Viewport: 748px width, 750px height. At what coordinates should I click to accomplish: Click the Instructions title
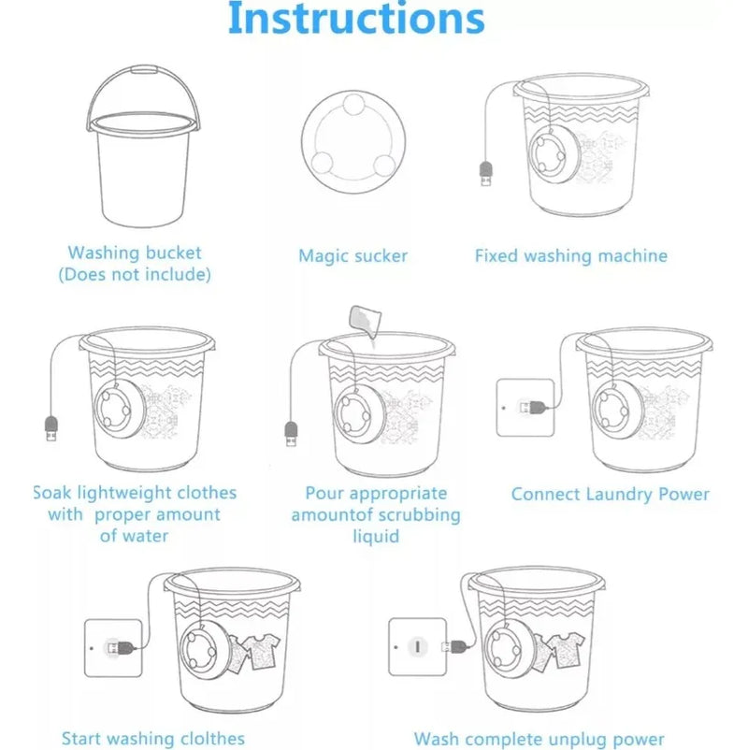tap(356, 18)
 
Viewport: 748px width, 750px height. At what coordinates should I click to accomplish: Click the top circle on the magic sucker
tap(354, 105)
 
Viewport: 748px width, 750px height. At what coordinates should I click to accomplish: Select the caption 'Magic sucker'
tap(352, 256)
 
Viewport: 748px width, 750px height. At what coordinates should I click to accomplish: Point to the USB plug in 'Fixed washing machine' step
tap(485, 174)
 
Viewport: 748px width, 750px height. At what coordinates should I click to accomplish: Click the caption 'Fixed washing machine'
tap(571, 256)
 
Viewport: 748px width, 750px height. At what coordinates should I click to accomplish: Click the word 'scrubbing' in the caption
tap(418, 515)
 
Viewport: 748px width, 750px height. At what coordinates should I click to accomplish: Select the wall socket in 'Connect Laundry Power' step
tap(525, 408)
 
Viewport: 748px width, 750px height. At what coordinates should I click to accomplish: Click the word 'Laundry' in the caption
tap(619, 495)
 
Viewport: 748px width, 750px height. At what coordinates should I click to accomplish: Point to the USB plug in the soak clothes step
tap(51, 428)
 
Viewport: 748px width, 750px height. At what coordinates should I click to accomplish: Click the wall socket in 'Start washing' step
tap(113, 648)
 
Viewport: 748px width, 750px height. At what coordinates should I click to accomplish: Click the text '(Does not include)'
tap(135, 275)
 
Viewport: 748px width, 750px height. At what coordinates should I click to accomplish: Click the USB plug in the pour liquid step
tap(291, 433)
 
